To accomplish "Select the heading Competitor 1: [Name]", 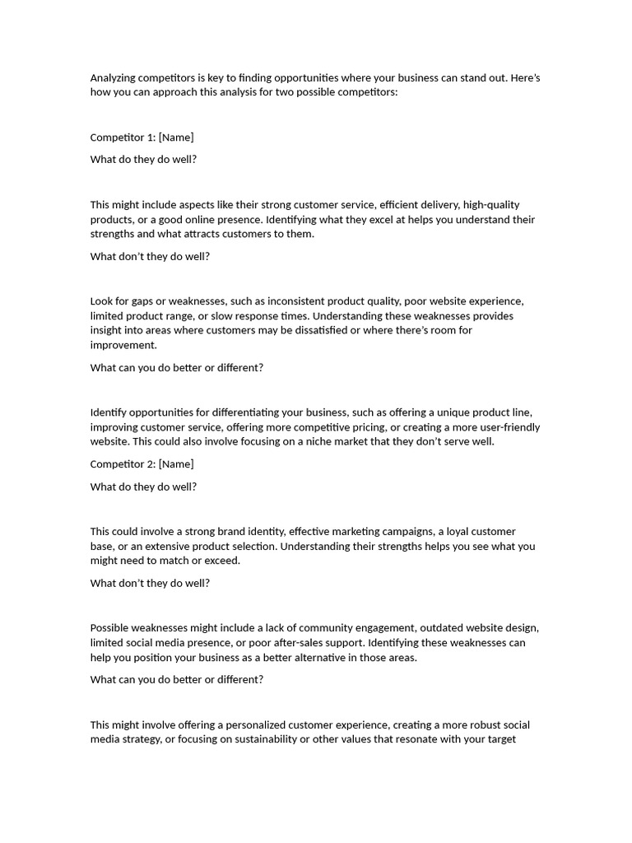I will [x=142, y=137].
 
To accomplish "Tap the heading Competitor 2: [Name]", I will [x=142, y=464].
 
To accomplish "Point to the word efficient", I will [x=397, y=205].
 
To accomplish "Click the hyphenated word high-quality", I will [x=491, y=205].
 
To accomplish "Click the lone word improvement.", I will [x=123, y=346].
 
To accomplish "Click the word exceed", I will [x=221, y=561].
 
